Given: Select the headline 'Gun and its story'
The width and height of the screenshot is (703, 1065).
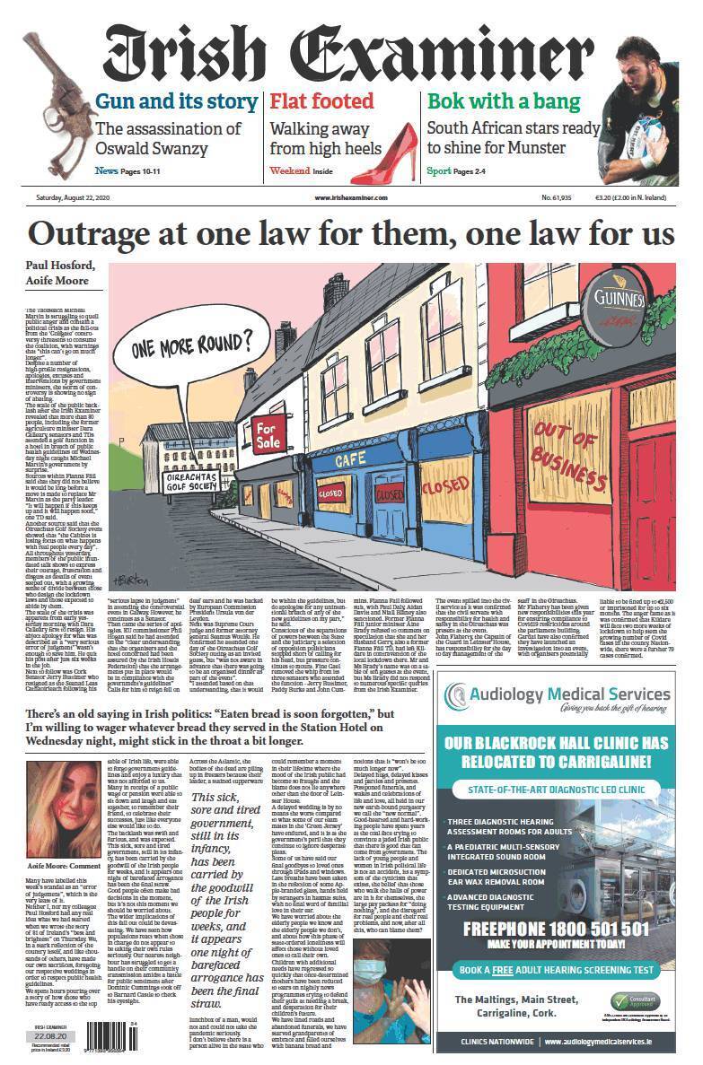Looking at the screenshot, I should tap(176, 101).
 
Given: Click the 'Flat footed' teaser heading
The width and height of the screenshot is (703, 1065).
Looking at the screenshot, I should tap(321, 101).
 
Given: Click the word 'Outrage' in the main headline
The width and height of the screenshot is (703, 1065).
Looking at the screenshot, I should tap(89, 234).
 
